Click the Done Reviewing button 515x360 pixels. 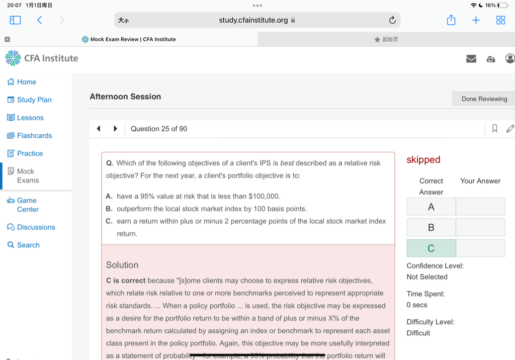pyautogui.click(x=484, y=99)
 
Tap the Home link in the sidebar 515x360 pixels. pyautogui.click(x=26, y=82)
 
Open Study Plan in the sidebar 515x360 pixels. pyautogui.click(x=34, y=100)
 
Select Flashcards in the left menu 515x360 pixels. pyautogui.click(x=34, y=135)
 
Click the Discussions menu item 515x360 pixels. pyautogui.click(x=36, y=227)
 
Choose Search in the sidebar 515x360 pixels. pyautogui.click(x=28, y=245)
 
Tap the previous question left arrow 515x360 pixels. pyautogui.click(x=99, y=129)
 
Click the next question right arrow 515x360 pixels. pyautogui.click(x=115, y=129)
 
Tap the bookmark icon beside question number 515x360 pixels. pyautogui.click(x=494, y=129)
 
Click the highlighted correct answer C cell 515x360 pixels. pyautogui.click(x=431, y=248)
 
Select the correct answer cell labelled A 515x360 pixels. pyautogui.click(x=431, y=207)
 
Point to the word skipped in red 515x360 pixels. pyautogui.click(x=423, y=159)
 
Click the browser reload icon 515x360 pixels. pyautogui.click(x=392, y=20)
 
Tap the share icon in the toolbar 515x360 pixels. pyautogui.click(x=451, y=20)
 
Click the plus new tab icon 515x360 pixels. pyautogui.click(x=476, y=20)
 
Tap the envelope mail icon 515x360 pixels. pyautogui.click(x=471, y=59)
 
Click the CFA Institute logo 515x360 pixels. pyautogui.click(x=42, y=58)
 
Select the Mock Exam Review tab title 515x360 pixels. pyautogui.click(x=133, y=39)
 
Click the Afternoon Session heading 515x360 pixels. pyautogui.click(x=125, y=97)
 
